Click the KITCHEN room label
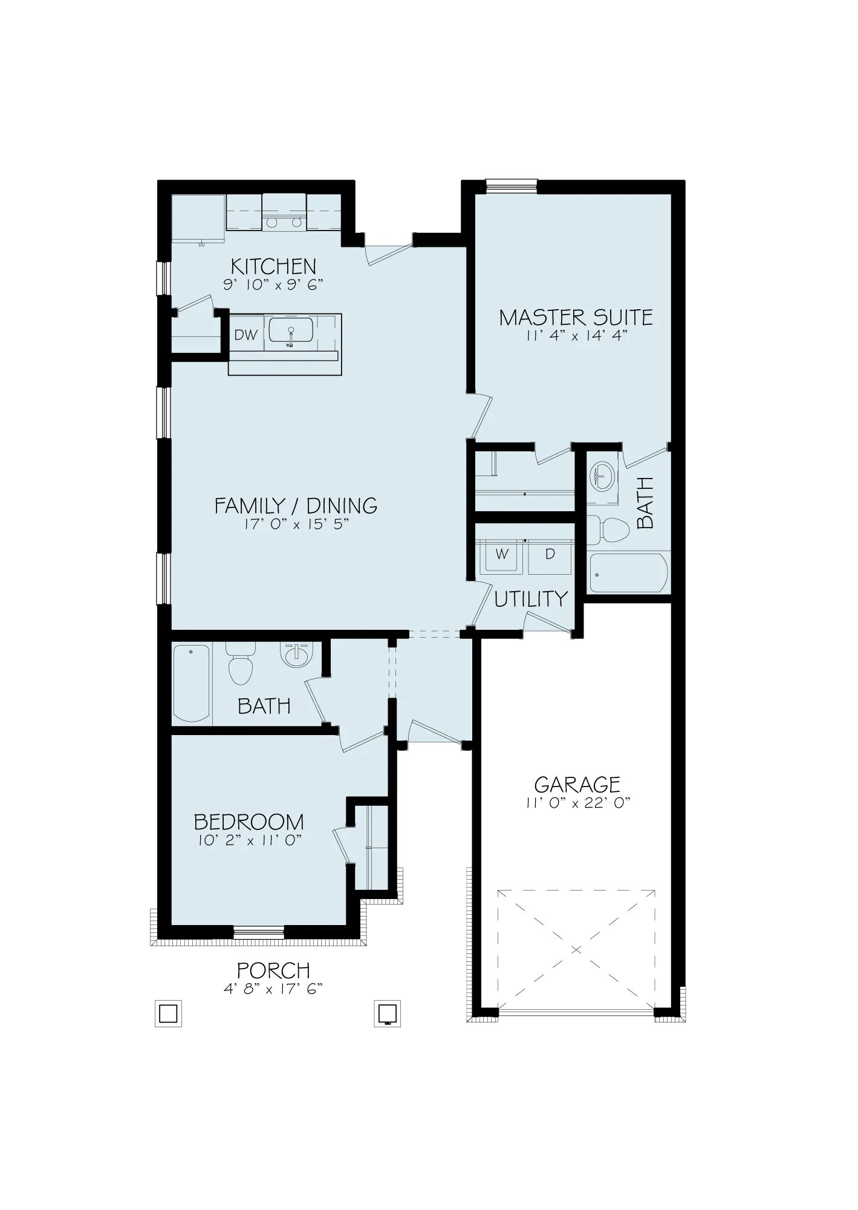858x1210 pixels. click(273, 266)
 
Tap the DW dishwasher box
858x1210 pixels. click(246, 335)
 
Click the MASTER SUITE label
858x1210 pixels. click(576, 318)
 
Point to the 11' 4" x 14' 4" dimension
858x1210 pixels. click(576, 336)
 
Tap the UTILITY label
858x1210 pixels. click(531, 599)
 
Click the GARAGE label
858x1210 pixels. click(577, 785)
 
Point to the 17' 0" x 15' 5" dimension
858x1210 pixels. click(296, 524)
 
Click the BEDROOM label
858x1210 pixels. click(249, 822)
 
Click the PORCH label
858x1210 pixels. click(273, 970)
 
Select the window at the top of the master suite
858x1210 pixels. click(512, 185)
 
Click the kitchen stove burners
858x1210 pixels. click(284, 223)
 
